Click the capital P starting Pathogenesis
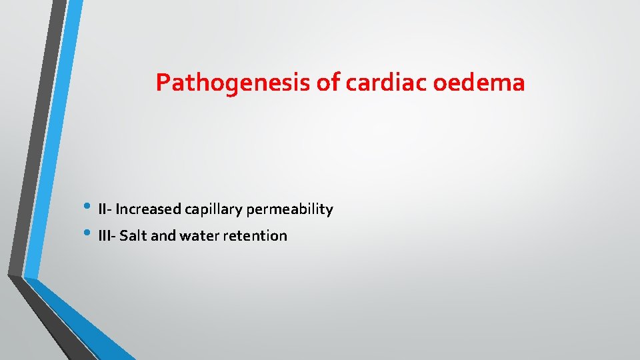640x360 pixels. click(162, 83)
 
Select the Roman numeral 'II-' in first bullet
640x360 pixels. click(105, 209)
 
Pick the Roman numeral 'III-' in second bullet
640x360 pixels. click(107, 236)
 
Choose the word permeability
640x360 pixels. click(289, 210)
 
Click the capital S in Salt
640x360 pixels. click(123, 236)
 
